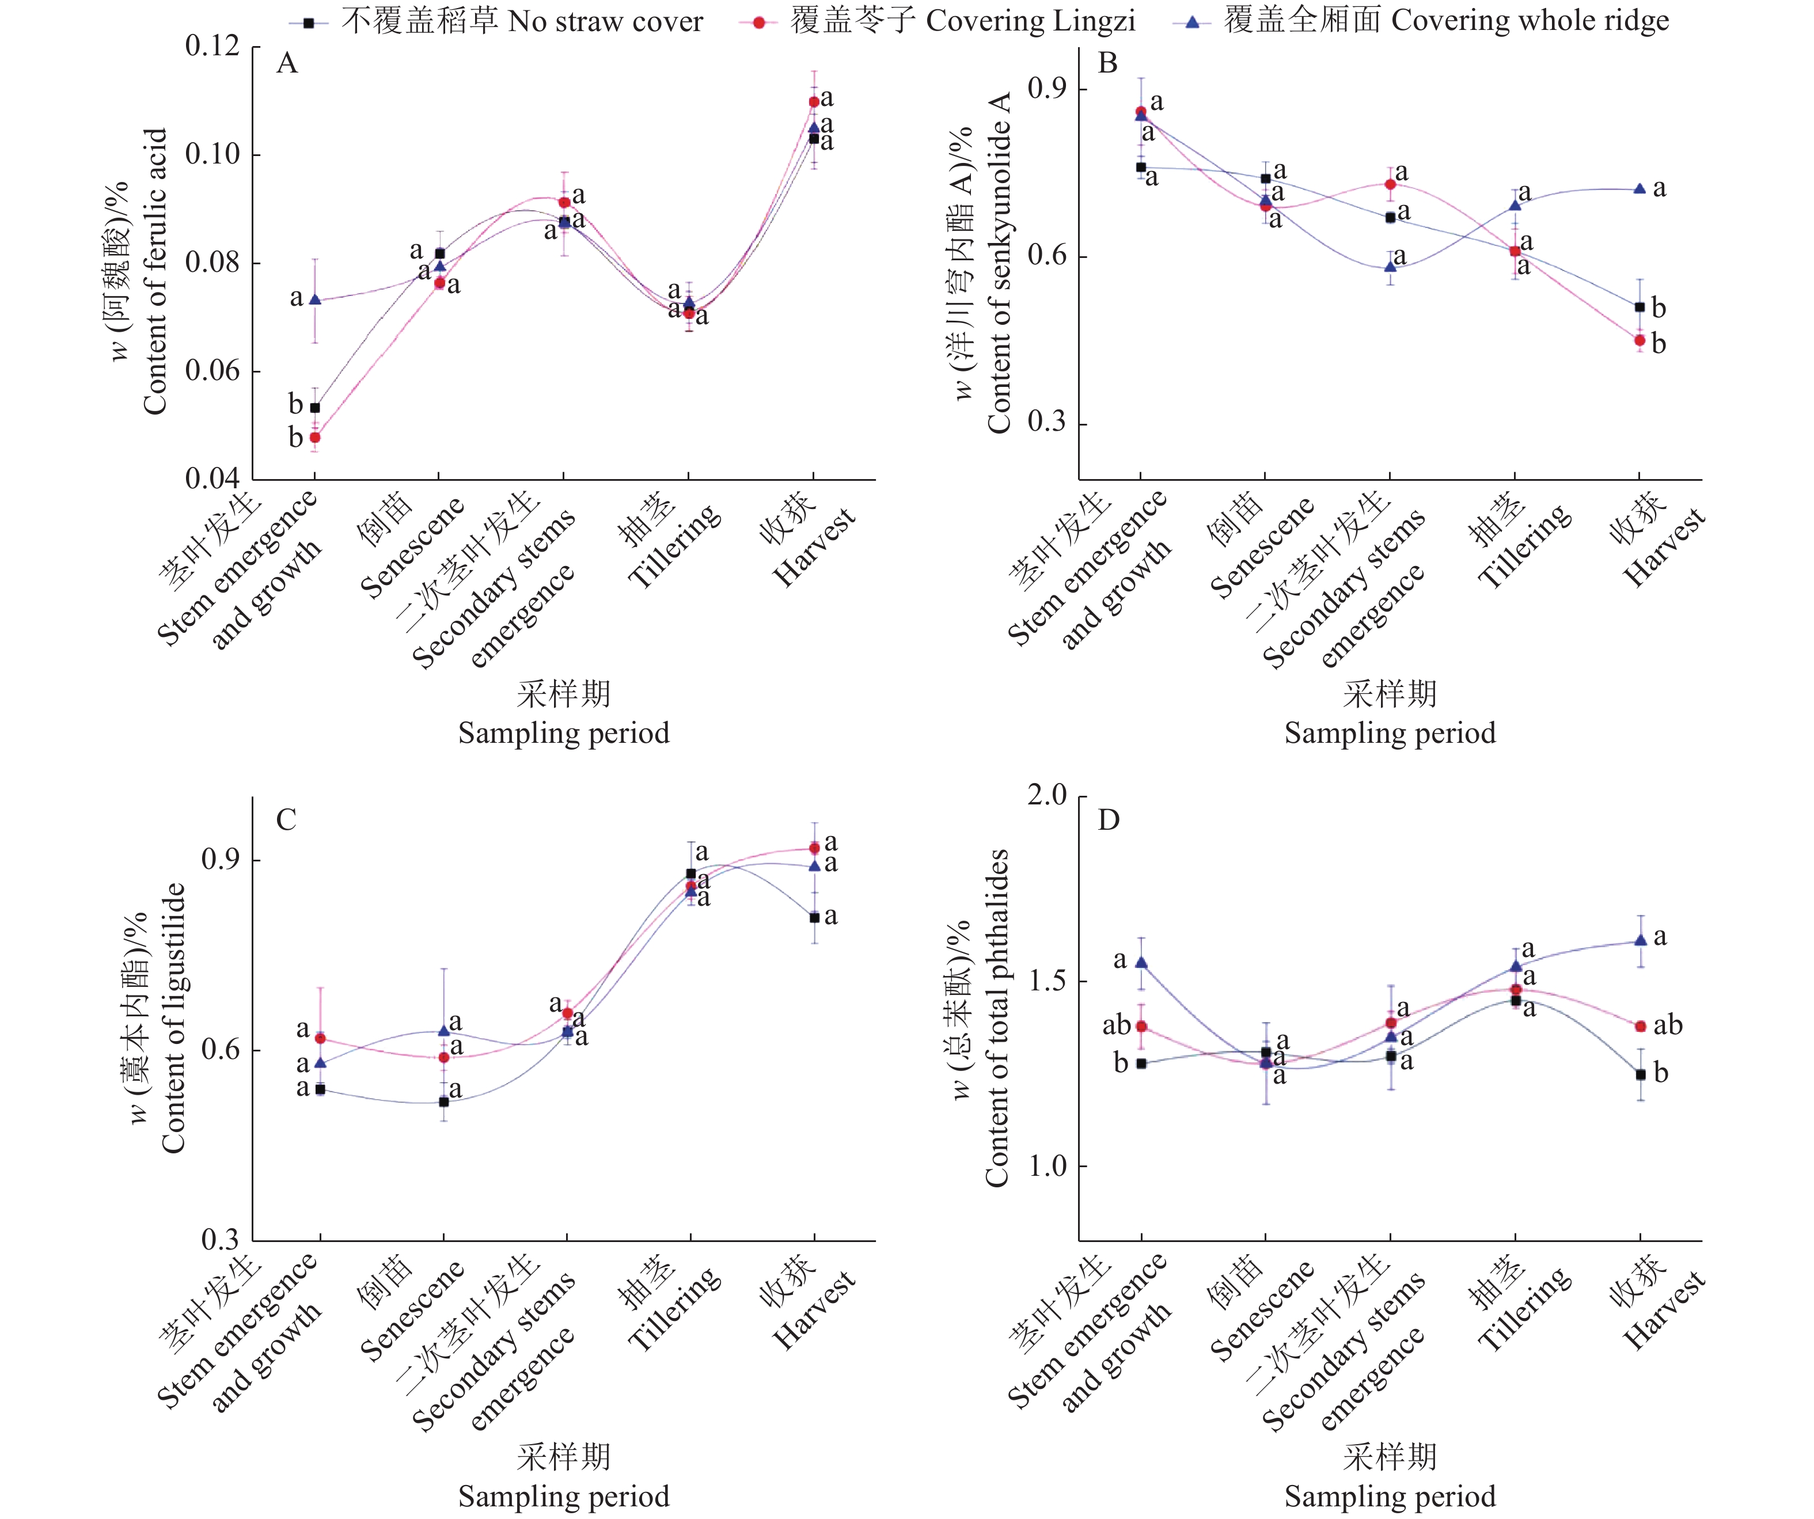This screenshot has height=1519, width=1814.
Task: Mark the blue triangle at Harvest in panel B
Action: coord(1640,188)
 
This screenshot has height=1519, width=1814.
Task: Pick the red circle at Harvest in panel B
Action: coord(1640,340)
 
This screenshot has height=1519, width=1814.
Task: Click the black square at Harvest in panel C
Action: coord(814,917)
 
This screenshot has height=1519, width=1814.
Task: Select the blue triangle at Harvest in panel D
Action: coord(1640,940)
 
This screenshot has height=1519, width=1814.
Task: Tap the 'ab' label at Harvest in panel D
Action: coord(1668,1025)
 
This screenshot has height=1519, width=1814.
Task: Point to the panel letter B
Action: coord(1107,63)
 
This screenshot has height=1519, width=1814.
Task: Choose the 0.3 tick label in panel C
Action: coord(219,1241)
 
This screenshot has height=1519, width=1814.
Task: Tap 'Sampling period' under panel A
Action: coord(563,733)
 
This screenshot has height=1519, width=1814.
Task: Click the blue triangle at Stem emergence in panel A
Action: coord(316,299)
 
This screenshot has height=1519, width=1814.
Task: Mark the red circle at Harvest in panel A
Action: coord(814,102)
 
